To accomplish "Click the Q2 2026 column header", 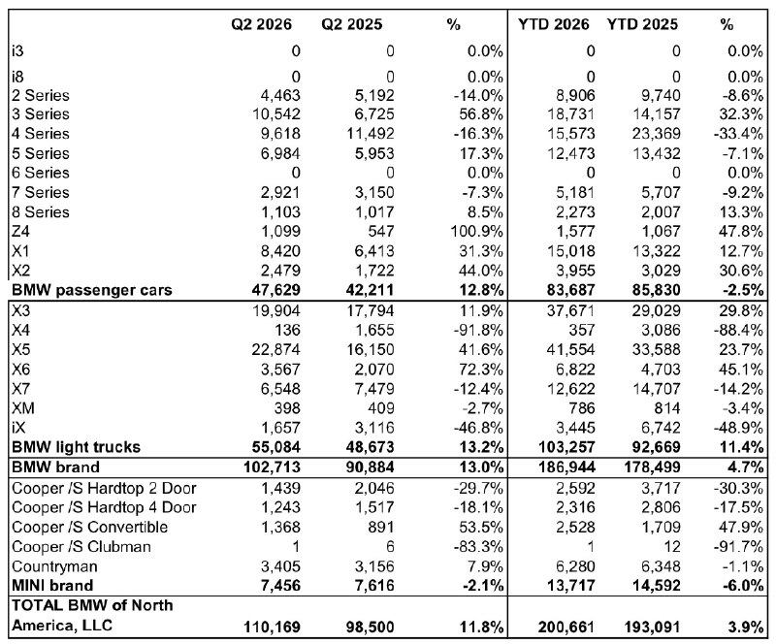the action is point(261,24).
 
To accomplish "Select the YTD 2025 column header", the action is point(642,24).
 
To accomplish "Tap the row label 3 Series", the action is point(41,113).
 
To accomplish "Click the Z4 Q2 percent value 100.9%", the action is point(476,231).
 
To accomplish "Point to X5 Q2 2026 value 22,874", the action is point(275,349).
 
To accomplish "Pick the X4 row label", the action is point(20,330).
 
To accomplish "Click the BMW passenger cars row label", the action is point(91,290).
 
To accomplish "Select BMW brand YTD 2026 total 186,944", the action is point(566,467).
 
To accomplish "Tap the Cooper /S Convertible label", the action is point(89,527).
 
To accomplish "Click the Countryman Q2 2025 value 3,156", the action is point(374,565).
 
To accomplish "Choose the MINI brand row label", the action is point(52,585).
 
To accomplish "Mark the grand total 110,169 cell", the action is point(272,627).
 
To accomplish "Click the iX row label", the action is point(18,427).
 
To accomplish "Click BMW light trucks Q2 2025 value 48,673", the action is point(371,447).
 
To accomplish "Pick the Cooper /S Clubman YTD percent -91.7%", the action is point(738,546).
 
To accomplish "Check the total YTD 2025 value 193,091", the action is point(652,627).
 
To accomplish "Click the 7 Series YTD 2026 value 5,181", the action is point(575,192).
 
